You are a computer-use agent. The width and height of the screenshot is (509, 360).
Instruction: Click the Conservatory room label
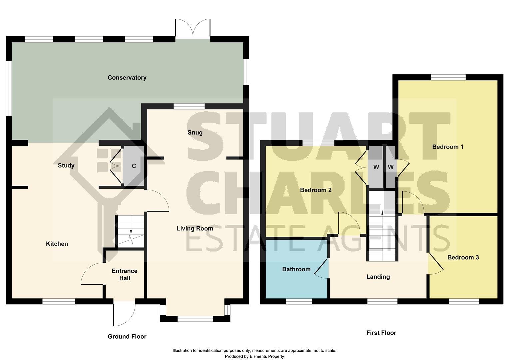(127, 78)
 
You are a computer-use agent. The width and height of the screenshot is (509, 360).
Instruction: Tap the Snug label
(195, 133)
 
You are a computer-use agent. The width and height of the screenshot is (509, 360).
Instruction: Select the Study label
(66, 165)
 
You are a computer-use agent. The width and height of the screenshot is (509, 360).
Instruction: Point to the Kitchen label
(57, 244)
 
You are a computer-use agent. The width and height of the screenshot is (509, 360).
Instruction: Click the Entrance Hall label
(125, 275)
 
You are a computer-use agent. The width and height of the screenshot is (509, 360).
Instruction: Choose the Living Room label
(195, 229)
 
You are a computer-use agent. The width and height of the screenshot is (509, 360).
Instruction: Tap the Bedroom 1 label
(448, 147)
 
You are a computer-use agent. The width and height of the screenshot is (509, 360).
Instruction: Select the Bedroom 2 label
(316, 190)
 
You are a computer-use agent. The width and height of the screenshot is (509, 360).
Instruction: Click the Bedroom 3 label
(463, 257)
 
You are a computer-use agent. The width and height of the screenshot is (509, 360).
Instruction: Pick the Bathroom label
(296, 269)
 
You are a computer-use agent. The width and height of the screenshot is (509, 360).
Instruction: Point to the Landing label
(378, 277)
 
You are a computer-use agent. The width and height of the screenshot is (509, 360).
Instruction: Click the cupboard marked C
(134, 166)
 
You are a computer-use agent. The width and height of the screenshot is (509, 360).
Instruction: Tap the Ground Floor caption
(127, 337)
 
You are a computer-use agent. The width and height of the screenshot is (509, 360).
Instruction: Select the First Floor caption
(381, 333)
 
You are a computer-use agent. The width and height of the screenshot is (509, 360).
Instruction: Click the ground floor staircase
(130, 231)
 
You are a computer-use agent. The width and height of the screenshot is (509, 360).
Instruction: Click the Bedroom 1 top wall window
(448, 77)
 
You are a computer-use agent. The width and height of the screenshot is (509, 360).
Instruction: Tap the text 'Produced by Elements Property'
(254, 356)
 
